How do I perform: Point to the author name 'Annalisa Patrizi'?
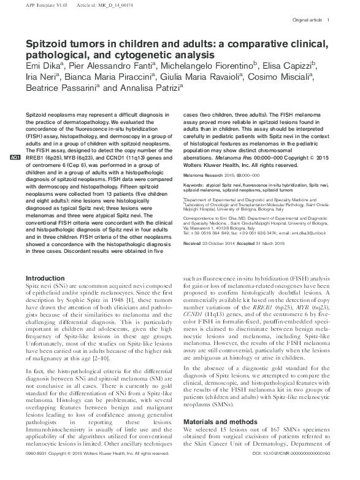[148, 88]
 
